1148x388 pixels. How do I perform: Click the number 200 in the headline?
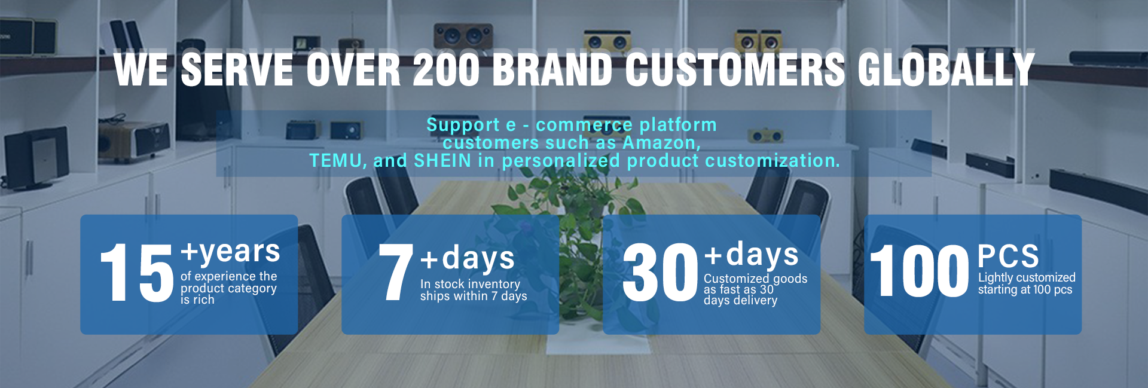pyautogui.click(x=447, y=69)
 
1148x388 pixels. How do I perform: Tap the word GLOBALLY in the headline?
pyautogui.click(x=946, y=69)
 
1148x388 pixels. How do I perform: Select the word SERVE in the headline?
pyautogui.click(x=237, y=69)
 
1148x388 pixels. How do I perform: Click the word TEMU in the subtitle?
pyautogui.click(x=335, y=161)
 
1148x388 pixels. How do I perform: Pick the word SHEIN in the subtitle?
pyautogui.click(x=442, y=161)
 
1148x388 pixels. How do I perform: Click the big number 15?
pyautogui.click(x=137, y=273)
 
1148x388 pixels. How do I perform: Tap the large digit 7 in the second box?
pyautogui.click(x=395, y=272)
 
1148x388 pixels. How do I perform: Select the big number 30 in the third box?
pyautogui.click(x=660, y=272)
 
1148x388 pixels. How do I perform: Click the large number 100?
pyautogui.click(x=919, y=271)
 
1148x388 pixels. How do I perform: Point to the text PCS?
pyautogui.click(x=1008, y=256)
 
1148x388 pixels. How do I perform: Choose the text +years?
pyautogui.click(x=230, y=252)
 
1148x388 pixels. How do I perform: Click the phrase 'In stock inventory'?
pyautogui.click(x=470, y=284)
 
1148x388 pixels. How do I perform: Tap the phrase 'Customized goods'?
pyautogui.click(x=755, y=279)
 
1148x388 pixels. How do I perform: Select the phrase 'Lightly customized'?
pyautogui.click(x=1027, y=277)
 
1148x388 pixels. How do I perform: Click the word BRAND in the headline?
pyautogui.click(x=553, y=69)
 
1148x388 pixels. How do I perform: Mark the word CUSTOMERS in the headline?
pyautogui.click(x=735, y=69)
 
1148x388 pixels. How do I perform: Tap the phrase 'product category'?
pyautogui.click(x=228, y=288)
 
